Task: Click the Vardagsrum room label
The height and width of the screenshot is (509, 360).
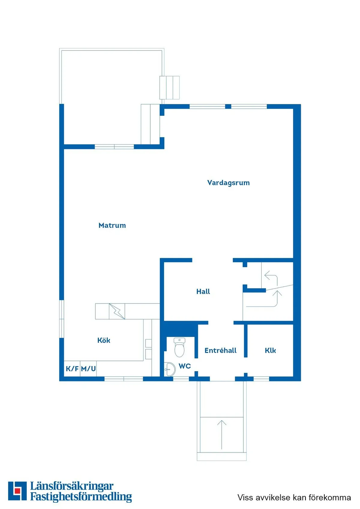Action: pos(228,183)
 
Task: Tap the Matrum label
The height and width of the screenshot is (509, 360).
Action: pos(112,226)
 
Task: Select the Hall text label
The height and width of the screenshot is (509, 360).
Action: pos(203,292)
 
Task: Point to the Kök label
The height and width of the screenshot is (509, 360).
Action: pos(104,340)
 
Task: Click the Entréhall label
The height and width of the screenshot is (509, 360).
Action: pos(220,350)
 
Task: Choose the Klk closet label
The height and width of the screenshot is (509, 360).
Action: pos(270,350)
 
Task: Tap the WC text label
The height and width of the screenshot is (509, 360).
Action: pos(185,366)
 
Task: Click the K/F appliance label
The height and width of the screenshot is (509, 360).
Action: pos(72,369)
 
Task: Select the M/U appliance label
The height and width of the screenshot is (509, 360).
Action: pos(88,369)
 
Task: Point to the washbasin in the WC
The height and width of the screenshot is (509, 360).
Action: pos(170,369)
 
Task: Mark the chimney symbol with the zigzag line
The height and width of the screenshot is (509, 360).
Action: pos(117,311)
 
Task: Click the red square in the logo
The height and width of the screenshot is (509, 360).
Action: pos(17,491)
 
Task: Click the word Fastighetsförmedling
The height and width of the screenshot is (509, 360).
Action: pos(81,497)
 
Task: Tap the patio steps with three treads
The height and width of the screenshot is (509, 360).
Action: pos(169,88)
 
